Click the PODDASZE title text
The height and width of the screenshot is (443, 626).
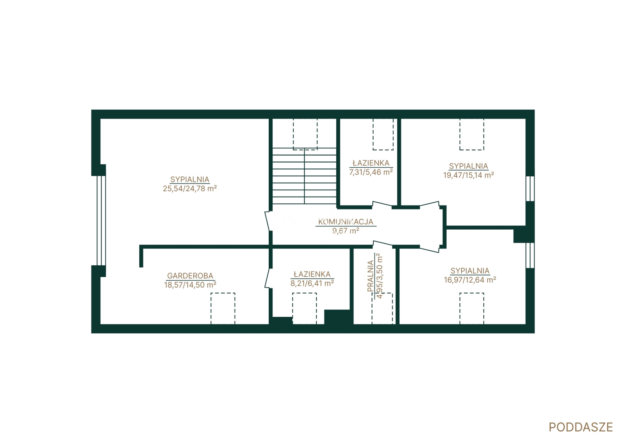coord(581,427)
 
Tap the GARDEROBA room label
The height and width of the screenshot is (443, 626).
coord(190,276)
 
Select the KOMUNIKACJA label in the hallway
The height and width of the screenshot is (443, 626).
coord(346,222)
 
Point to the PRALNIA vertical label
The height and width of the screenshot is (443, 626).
coord(371,276)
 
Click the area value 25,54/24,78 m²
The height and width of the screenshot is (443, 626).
coord(190,188)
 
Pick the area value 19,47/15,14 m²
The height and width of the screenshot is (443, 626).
coord(468,175)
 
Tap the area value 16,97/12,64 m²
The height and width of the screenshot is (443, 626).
coord(470,280)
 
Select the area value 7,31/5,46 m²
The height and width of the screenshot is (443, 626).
coord(371,172)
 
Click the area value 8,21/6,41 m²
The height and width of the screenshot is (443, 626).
coord(312,283)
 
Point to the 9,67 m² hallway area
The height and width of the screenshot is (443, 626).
coord(346,231)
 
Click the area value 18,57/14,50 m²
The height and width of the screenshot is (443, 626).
coord(190,285)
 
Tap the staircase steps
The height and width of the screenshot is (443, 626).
coord(304,176)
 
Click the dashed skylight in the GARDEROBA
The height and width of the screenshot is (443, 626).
coord(223,308)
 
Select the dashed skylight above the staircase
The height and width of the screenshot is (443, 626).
coord(305,134)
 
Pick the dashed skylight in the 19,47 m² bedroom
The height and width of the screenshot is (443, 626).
coord(472,134)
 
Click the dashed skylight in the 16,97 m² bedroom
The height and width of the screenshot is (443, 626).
coord(472,308)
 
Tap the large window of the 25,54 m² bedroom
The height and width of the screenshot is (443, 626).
coord(101,221)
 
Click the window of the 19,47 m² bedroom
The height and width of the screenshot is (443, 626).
coord(530,189)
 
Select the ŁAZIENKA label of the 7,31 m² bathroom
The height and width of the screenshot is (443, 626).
coord(371,163)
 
